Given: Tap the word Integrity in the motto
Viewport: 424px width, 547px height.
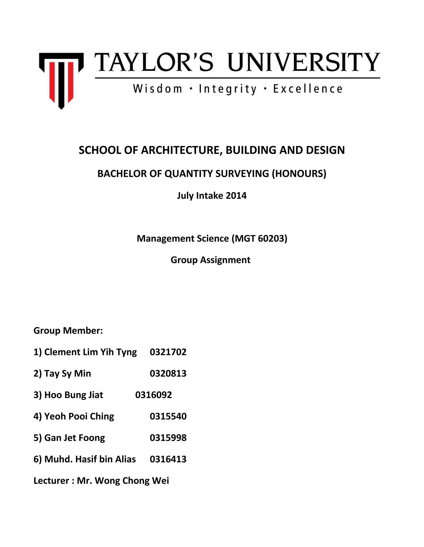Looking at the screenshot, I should click(228, 89).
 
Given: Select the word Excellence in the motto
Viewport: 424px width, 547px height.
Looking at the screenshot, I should click(308, 89).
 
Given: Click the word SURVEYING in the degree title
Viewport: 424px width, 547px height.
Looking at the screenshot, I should click(245, 174).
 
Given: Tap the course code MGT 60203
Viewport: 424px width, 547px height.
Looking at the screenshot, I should click(260, 238).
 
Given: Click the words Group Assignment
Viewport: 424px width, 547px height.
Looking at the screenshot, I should click(211, 260).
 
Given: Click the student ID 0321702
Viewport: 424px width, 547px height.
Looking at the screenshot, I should click(168, 352).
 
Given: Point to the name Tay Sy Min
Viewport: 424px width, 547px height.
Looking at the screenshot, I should click(67, 373).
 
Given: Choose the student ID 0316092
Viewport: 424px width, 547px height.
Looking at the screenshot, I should click(154, 395).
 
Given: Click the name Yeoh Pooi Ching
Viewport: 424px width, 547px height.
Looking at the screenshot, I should click(79, 416).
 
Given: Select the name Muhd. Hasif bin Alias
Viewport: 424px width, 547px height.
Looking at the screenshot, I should click(90, 459).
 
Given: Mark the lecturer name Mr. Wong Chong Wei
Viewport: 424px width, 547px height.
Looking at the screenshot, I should click(123, 481).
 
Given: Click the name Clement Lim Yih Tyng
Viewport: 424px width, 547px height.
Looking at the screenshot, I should click(90, 352).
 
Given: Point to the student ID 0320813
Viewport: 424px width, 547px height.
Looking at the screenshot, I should click(168, 373).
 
